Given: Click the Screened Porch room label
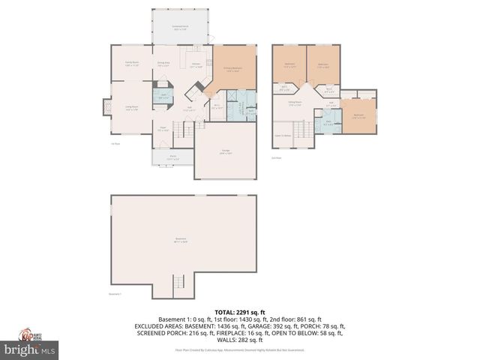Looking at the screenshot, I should pyautogui.click(x=180, y=28).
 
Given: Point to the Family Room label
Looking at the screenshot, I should pyautogui.click(x=132, y=64).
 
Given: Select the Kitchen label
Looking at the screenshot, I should pyautogui.click(x=196, y=64).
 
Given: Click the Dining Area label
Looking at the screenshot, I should pyautogui.click(x=163, y=64).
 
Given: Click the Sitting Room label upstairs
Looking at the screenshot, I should pyautogui.click(x=295, y=103).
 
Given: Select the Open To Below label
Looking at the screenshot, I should pyautogui.click(x=283, y=136).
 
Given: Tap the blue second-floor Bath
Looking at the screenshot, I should pyautogui.click(x=328, y=124).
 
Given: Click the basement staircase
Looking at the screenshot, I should pyautogui.click(x=178, y=283).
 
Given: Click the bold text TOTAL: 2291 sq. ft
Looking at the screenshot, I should pyautogui.click(x=239, y=312).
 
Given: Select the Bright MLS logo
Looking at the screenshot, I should pyautogui.click(x=29, y=349).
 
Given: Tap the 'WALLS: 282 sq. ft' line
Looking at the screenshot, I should pyautogui.click(x=239, y=339).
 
